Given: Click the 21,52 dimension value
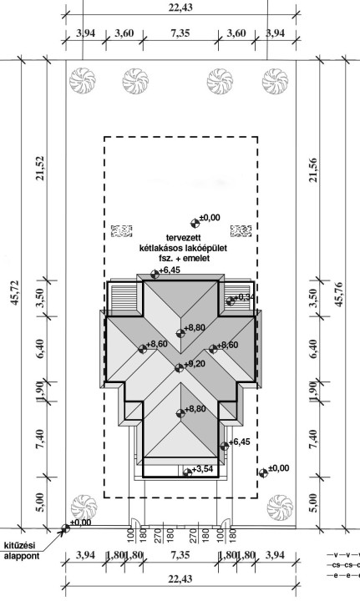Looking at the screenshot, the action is tap(41, 168).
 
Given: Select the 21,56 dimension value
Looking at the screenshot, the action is tap(313, 169).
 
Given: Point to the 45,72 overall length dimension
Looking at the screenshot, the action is tap(16, 293).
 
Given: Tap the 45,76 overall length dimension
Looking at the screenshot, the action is tap(338, 295).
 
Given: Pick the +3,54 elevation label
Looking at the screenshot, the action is tap(202, 469).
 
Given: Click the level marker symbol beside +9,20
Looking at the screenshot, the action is tap(179, 368).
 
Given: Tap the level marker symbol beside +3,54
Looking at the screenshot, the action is tap(187, 472).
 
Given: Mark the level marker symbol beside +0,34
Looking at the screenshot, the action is tap(230, 301).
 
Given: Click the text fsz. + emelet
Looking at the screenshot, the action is tap(183, 259).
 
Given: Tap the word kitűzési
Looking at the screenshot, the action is tap(19, 544).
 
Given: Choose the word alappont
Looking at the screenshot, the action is tap(22, 555).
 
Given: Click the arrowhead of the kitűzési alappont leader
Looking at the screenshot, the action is tap(62, 531).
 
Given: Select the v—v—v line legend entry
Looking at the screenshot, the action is tap(343, 554).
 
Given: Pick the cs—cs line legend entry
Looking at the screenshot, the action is tap(343, 565).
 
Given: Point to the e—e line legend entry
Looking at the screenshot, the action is tap(343, 575).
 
